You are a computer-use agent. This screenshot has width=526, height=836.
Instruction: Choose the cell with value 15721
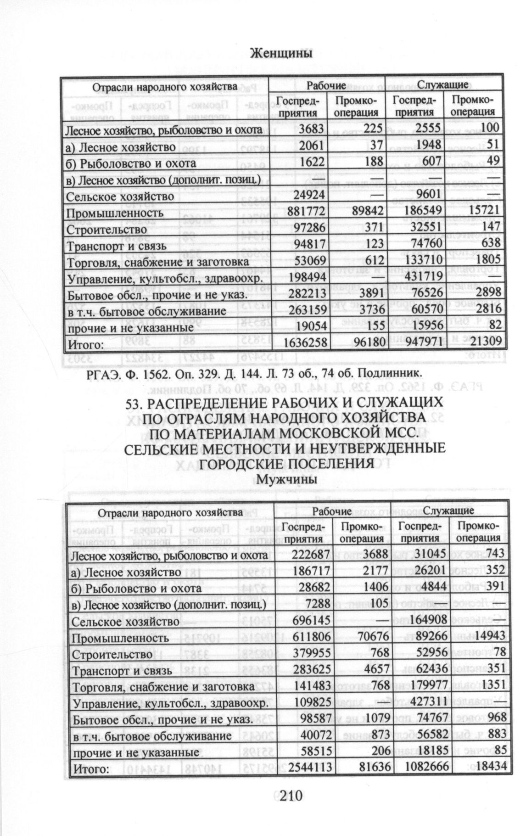(x=482, y=213)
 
